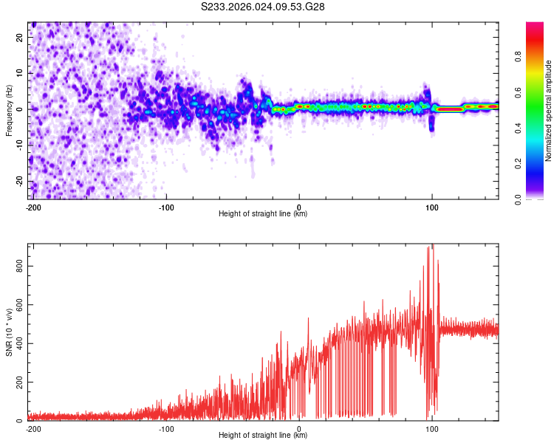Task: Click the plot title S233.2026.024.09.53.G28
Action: pos(264,7)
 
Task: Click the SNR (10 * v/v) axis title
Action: pos(9,332)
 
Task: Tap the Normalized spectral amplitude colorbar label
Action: pos(548,111)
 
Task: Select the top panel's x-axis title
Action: pos(263,214)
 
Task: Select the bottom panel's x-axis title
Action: pos(263,436)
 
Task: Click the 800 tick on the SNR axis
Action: pos(18,266)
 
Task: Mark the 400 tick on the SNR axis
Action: pos(18,343)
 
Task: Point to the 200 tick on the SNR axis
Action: pos(18,382)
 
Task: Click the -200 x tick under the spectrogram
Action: pos(33,206)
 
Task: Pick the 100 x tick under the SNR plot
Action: pos(431,427)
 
